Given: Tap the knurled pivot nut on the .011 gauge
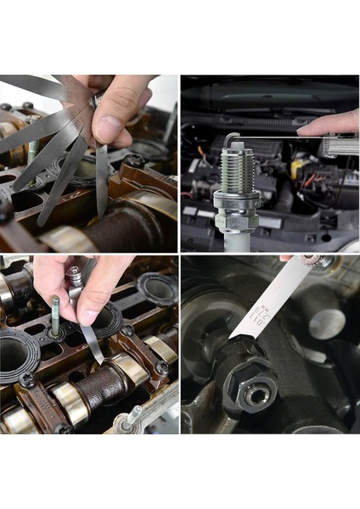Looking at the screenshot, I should pyautogui.click(x=310, y=260).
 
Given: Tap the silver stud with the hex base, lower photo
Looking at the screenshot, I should pyautogui.click(x=132, y=416).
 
